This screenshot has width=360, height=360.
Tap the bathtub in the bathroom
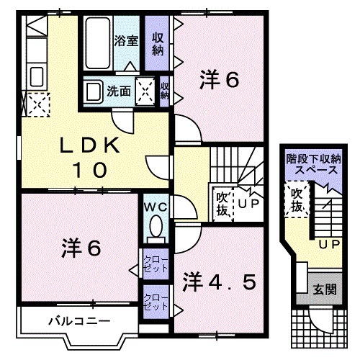pos(96,43)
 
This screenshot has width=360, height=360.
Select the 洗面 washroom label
pos(119,91)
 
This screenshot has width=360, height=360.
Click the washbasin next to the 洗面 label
pos(93,91)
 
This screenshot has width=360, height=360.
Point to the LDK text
pos(89,145)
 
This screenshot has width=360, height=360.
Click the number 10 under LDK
pos(89,170)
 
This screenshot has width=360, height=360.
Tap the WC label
pos(154,207)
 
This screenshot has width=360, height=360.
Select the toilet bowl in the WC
pos(154,230)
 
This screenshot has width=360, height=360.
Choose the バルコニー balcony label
pos(71,319)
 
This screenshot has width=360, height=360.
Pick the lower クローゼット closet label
pos(152,300)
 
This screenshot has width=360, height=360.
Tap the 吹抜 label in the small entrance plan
pos(296,199)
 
